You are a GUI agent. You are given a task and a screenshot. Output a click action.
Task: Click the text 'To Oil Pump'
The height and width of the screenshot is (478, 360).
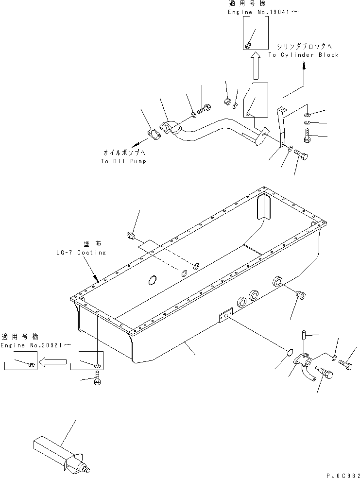pyautogui.click(x=123, y=161)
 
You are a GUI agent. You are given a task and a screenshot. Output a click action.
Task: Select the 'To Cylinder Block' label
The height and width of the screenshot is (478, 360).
pyautogui.click(x=303, y=55)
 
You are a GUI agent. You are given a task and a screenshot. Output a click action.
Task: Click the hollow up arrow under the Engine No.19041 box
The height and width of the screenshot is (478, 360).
pyautogui.click(x=255, y=67)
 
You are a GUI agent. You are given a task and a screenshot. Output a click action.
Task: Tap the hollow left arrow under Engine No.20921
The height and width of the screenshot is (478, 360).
pyautogui.click(x=53, y=361)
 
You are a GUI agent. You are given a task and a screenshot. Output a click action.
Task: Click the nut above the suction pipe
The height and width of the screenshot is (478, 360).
pyautogui.click(x=227, y=102)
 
